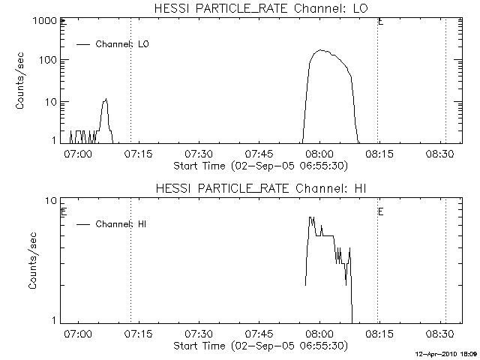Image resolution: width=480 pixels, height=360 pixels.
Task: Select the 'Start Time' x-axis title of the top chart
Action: [259, 165]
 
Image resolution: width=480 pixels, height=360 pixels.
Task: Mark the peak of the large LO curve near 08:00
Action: [322, 50]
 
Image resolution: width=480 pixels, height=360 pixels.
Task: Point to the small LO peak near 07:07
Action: [106, 99]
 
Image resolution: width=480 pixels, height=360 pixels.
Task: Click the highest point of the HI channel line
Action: [310, 217]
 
